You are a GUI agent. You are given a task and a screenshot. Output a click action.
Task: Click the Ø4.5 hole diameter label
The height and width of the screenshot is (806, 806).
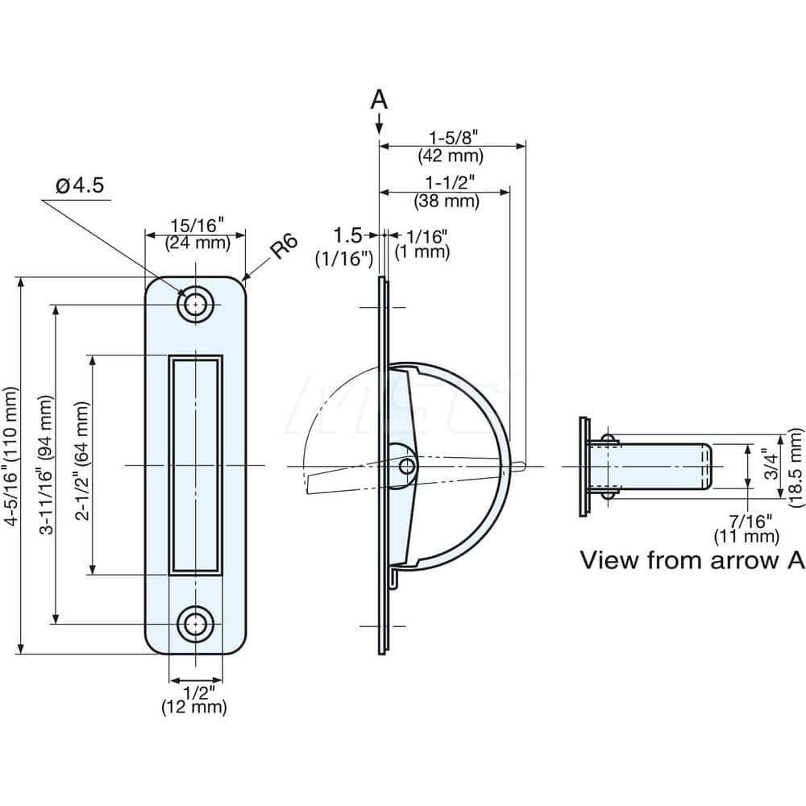(x=79, y=186)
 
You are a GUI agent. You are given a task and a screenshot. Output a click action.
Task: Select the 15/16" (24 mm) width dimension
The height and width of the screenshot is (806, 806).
(x=195, y=234)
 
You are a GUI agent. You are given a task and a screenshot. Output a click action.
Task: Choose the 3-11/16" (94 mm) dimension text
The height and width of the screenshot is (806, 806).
(x=48, y=466)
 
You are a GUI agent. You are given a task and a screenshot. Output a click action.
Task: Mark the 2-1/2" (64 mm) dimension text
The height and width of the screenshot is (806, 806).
(x=81, y=466)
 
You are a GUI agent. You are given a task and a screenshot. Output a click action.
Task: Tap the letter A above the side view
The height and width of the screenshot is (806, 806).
(x=379, y=100)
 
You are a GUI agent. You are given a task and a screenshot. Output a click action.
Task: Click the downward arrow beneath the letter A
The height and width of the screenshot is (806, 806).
(x=379, y=125)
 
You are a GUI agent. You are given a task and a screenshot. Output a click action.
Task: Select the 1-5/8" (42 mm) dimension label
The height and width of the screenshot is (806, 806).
(x=451, y=146)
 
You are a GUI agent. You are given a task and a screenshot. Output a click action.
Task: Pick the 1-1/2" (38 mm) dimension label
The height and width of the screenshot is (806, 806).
(x=446, y=191)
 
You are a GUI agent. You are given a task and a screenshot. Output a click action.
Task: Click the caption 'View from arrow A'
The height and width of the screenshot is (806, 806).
(x=692, y=560)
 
